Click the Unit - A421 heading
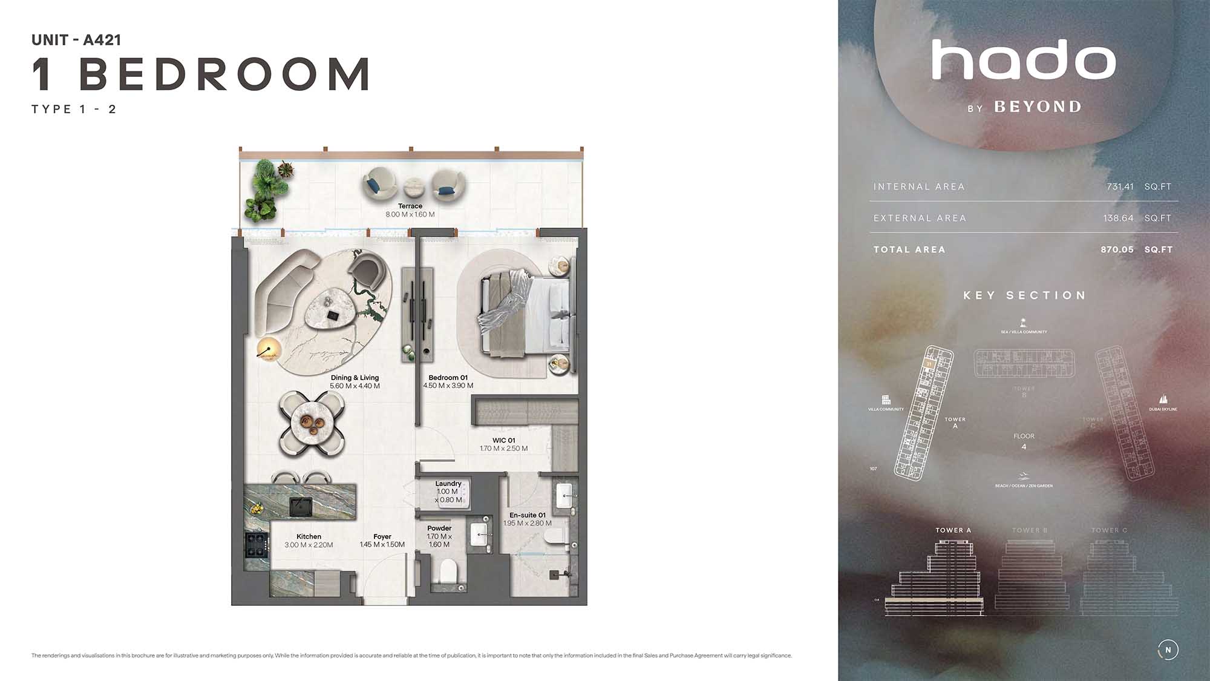(76, 40)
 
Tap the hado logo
(1023, 60)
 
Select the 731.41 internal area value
(1120, 186)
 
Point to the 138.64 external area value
(1118, 218)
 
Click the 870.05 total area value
(1117, 249)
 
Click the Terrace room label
(410, 206)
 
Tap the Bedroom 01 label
(448, 378)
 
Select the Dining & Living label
(355, 378)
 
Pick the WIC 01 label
(503, 441)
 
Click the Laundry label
(448, 484)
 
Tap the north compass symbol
(1168, 650)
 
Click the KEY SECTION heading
(1024, 295)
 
